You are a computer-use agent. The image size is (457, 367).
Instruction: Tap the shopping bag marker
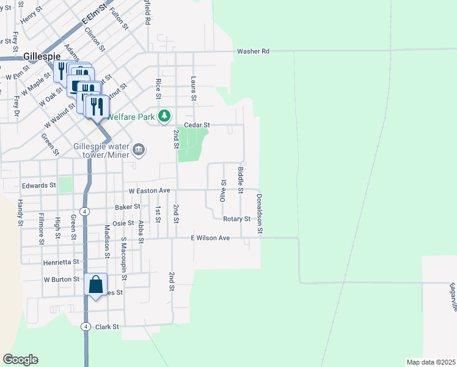[96, 285]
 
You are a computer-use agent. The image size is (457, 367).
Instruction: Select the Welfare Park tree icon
[164, 115]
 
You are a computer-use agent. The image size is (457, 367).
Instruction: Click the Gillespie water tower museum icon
[139, 149]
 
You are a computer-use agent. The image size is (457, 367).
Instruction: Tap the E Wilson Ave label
[210, 237]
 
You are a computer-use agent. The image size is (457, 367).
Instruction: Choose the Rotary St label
[237, 218]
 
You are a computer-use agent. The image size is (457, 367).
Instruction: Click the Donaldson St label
[260, 214]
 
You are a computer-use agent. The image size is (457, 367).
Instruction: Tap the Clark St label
[106, 327]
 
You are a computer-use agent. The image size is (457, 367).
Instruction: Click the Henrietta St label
[61, 262]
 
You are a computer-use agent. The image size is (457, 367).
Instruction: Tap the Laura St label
[193, 89]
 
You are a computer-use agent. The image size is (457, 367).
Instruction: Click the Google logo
[20, 360]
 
